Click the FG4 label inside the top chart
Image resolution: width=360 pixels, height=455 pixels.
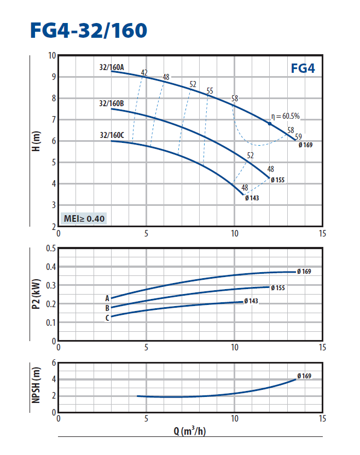coord(303,70)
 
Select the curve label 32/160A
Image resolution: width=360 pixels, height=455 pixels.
coord(112,67)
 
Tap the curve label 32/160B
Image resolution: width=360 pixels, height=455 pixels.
coord(112,103)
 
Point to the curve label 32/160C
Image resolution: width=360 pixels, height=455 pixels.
coord(112,135)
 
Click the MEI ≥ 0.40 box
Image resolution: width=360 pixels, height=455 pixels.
coord(84,218)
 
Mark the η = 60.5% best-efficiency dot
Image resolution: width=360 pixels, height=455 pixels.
coord(270,124)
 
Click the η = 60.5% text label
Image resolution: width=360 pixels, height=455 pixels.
coord(286,116)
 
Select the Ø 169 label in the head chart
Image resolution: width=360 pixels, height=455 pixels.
coord(305,145)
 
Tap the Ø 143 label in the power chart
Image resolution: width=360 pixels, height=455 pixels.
coord(252,301)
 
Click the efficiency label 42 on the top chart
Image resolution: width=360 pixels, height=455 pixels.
coord(144,73)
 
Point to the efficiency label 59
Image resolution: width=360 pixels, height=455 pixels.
coord(298,136)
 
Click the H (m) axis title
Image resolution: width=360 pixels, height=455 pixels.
coord(37,141)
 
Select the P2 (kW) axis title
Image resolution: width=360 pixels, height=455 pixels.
coord(37,294)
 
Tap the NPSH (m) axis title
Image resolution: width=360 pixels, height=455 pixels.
coord(37,387)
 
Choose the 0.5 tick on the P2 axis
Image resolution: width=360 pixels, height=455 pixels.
coord(51,248)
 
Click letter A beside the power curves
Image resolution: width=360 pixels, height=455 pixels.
coord(108,298)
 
